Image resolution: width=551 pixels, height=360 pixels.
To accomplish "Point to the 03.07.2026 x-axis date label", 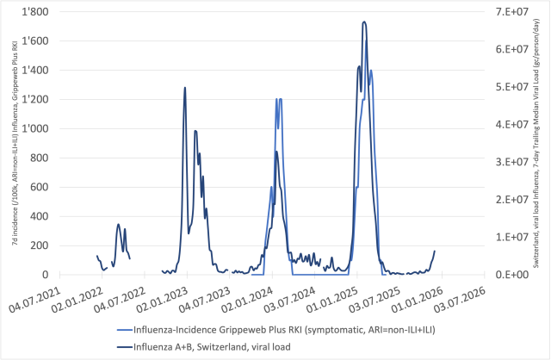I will coord(465,297).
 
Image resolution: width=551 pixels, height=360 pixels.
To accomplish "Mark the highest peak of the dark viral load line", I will coord(364,22).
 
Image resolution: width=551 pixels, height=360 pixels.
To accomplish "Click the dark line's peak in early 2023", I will coord(184,87).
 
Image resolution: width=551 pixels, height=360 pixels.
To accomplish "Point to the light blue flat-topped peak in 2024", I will coord(279,99).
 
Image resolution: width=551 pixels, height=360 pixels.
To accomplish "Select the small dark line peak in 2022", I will coord(119,224).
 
